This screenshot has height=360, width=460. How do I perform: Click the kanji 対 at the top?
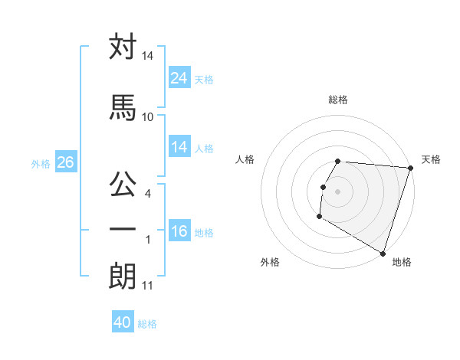pyautogui.click(x=123, y=47)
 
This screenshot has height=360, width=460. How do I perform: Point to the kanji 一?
pyautogui.click(x=123, y=229)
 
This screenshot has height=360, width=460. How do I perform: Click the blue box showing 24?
pyautogui.click(x=179, y=77)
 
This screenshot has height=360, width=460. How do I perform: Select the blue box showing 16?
pyautogui.click(x=179, y=231)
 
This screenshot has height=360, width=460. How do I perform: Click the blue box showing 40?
pyautogui.click(x=123, y=322)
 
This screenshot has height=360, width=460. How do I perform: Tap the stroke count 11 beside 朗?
pyautogui.click(x=147, y=286)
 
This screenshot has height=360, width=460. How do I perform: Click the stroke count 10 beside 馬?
pyautogui.click(x=148, y=116)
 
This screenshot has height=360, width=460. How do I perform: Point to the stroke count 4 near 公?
pyautogui.click(x=148, y=195)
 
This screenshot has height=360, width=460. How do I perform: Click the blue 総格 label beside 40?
pyautogui.click(x=148, y=324)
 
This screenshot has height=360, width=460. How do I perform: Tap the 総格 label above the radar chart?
pyautogui.click(x=338, y=100)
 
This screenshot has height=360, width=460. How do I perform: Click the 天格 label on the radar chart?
pyautogui.click(x=431, y=159)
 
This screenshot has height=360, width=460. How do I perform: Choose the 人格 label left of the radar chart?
pyautogui.click(x=245, y=159)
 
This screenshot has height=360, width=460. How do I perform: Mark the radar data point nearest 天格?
pyautogui.click(x=410, y=168)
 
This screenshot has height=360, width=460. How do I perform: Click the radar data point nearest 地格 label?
pyautogui.click(x=383, y=252)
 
